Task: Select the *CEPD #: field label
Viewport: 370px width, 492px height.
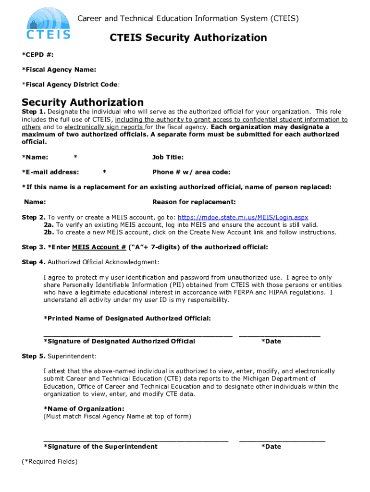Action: pyautogui.click(x=37, y=55)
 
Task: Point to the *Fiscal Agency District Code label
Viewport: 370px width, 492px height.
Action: pyautogui.click(x=70, y=85)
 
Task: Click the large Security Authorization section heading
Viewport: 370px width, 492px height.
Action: pyautogui.click(x=83, y=102)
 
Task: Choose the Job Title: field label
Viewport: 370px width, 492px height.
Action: pyautogui.click(x=168, y=157)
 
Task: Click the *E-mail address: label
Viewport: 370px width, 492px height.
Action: pyautogui.click(x=50, y=172)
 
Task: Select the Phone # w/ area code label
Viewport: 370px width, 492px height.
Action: pyautogui.click(x=191, y=172)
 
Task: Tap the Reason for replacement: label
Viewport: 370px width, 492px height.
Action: pyautogui.click(x=194, y=202)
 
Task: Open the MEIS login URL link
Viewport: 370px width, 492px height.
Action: pyautogui.click(x=243, y=217)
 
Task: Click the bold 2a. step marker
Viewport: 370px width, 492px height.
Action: pyautogui.click(x=49, y=225)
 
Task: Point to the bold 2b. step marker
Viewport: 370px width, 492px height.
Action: pyautogui.click(x=49, y=232)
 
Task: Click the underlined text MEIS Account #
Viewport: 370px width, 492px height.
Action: pyautogui.click(x=99, y=247)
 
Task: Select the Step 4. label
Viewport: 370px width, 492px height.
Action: pyautogui.click(x=34, y=262)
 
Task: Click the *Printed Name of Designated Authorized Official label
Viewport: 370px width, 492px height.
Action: pyautogui.click(x=127, y=318)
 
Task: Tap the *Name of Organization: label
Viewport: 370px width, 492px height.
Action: pyautogui.click(x=77, y=408)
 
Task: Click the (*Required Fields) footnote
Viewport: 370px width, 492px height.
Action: pyautogui.click(x=49, y=461)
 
